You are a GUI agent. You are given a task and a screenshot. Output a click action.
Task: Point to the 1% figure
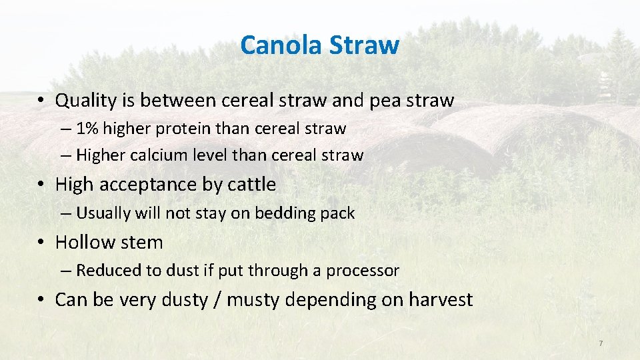[x=89, y=128]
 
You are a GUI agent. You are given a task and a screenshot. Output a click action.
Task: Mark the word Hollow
[x=83, y=242]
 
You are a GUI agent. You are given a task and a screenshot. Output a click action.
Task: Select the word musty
[x=253, y=300]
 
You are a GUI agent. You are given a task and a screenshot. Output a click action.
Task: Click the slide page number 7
[x=601, y=343]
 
